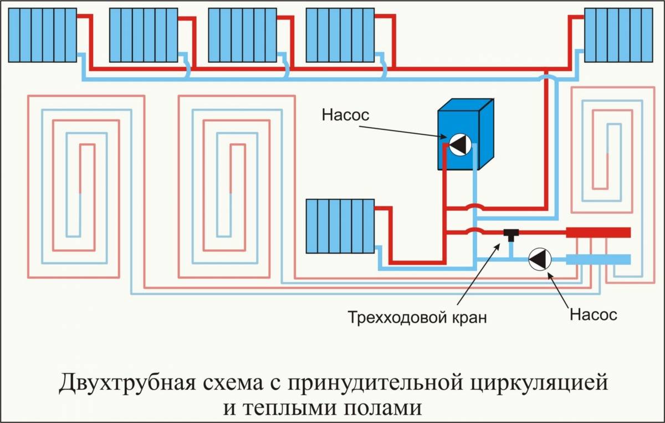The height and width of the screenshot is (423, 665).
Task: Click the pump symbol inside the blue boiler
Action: click(459, 144)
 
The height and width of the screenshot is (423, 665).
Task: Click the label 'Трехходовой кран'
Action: click(418, 318)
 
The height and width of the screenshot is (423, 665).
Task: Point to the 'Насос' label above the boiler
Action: click(345, 115)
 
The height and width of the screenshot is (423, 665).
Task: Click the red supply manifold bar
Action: click(598, 232)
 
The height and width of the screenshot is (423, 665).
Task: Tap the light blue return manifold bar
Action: click(598, 259)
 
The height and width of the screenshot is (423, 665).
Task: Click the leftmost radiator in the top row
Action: click(42, 35)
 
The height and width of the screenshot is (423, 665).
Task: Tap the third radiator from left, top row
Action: click(243, 35)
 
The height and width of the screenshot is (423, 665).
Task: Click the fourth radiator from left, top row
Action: click(340, 35)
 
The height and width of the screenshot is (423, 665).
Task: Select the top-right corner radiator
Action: click(619, 35)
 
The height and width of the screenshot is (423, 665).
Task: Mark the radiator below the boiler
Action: click(340, 226)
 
